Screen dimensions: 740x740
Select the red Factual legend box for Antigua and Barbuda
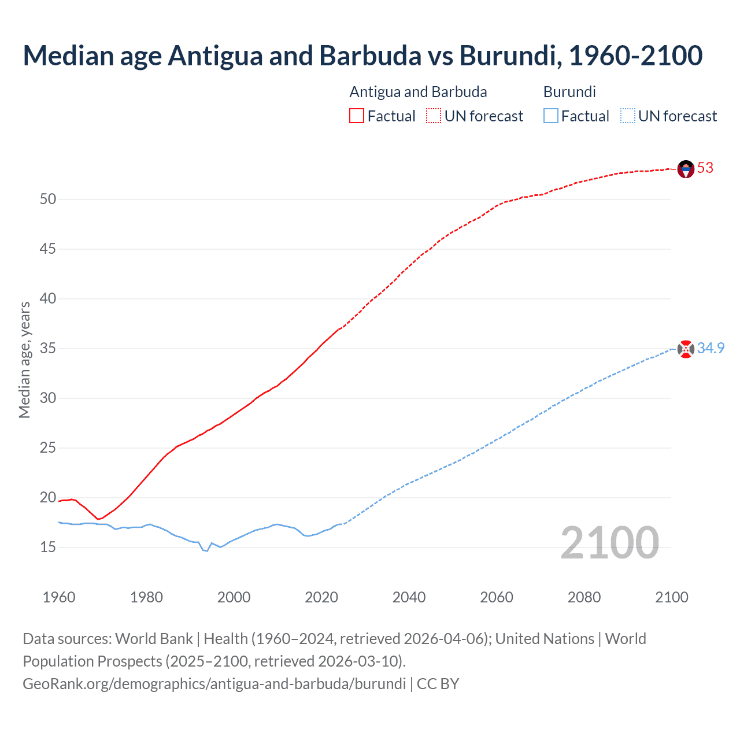pyautogui.click(x=357, y=116)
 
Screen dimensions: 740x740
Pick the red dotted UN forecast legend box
pyautogui.click(x=434, y=116)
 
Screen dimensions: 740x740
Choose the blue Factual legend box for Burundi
pyautogui.click(x=550, y=116)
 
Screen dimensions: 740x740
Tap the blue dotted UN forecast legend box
pyautogui.click(x=627, y=116)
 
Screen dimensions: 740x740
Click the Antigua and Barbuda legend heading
pyautogui.click(x=418, y=92)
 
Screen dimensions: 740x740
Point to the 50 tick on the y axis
pyautogui.click(x=48, y=199)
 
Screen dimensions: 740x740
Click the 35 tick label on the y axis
pyautogui.click(x=48, y=349)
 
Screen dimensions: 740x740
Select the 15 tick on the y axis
pyautogui.click(x=48, y=547)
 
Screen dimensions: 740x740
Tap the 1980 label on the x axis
pyautogui.click(x=146, y=597)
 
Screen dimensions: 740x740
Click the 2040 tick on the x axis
pyautogui.click(x=409, y=597)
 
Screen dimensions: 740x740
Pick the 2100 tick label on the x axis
pyautogui.click(x=671, y=597)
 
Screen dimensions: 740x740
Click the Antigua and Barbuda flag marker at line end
pyautogui.click(x=686, y=169)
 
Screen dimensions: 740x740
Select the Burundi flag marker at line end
pyautogui.click(x=686, y=349)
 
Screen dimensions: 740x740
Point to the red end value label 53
pyautogui.click(x=705, y=168)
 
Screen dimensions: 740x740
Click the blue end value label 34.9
pyautogui.click(x=711, y=348)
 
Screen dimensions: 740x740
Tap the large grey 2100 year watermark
pyautogui.click(x=609, y=542)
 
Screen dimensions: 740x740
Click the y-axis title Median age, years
pyautogui.click(x=24, y=360)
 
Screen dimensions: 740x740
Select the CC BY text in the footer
pyautogui.click(x=438, y=683)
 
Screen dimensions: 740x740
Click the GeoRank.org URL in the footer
pyautogui.click(x=214, y=683)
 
